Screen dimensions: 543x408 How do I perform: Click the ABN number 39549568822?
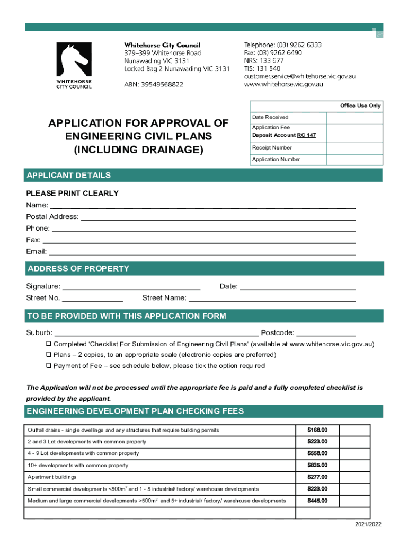tap(154, 84)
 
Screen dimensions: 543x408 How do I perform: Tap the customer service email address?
tap(299, 76)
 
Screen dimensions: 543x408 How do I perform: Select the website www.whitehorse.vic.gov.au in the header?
tap(291, 84)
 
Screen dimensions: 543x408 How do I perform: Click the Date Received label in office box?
tap(270, 117)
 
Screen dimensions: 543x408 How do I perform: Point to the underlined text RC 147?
tap(306, 135)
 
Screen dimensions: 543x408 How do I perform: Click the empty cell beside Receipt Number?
tap(354, 148)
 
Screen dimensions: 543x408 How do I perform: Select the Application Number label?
tap(276, 160)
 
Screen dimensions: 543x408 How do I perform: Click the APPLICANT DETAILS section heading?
tap(69, 176)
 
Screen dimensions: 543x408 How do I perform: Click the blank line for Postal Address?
tap(217, 217)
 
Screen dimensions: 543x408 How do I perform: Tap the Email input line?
tap(201, 252)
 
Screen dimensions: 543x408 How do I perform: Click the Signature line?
tap(131, 287)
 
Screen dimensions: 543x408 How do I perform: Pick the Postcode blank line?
tap(325, 334)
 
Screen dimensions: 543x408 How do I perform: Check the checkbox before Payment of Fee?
tap(48, 366)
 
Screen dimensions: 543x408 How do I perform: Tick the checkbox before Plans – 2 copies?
tap(48, 355)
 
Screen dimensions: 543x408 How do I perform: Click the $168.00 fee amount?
tap(317, 430)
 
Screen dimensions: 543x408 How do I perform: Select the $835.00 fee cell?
tap(317, 466)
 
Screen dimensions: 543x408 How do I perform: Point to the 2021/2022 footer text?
tap(368, 524)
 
